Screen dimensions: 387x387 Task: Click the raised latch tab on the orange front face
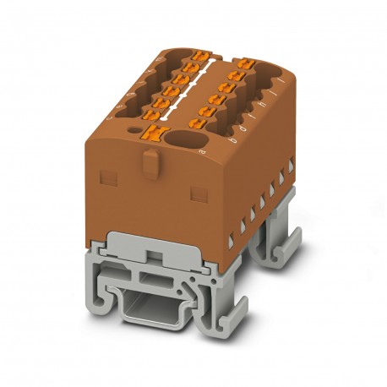[149, 161]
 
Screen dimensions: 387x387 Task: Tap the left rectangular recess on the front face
[108, 177]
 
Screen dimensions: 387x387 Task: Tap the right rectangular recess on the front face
[199, 193]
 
